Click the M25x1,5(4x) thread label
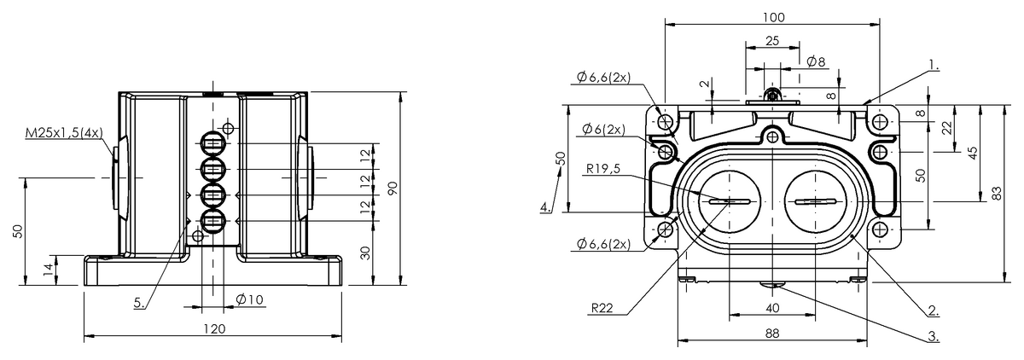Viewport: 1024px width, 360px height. coord(64,134)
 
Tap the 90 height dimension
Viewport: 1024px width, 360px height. coord(393,189)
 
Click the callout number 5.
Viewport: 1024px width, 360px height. coord(139,301)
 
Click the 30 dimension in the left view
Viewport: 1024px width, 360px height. coord(366,253)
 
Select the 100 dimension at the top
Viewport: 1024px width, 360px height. coord(773,17)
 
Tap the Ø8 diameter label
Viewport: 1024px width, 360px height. coord(816,62)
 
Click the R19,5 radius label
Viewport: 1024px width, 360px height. coord(604,169)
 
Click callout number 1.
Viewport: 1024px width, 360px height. coord(934,64)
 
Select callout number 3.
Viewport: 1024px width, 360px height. coord(934,336)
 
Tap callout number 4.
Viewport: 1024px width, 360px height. coord(545,206)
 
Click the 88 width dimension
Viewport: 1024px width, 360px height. coord(771,334)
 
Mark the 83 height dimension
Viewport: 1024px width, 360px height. coord(998,194)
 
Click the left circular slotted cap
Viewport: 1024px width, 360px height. coord(724,201)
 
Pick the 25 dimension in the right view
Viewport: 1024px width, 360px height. coord(772,40)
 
